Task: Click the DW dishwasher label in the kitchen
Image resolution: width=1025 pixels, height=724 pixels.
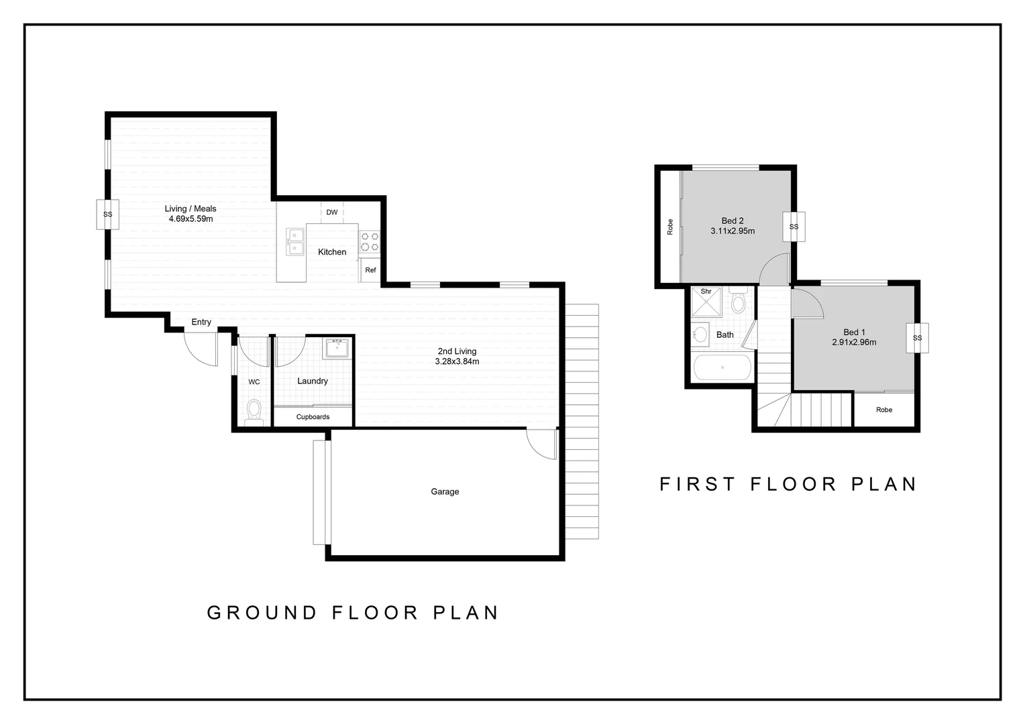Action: point(332,213)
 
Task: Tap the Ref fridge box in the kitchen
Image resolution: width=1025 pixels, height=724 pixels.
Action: point(370,270)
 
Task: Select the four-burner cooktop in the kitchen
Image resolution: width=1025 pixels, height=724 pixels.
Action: point(370,242)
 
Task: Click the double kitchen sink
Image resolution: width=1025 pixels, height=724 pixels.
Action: point(295,242)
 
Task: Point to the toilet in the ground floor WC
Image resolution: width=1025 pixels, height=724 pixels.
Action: point(254,410)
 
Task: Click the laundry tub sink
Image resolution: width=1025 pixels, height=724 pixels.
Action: point(336,349)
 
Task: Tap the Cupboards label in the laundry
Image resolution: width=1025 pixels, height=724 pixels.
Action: point(313,417)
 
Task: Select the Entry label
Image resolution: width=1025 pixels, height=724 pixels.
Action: point(201,322)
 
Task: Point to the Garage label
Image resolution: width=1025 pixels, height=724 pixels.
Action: point(445,492)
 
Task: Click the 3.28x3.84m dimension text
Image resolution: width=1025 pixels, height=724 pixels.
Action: point(457,362)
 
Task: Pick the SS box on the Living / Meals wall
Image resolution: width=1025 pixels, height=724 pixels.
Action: point(107,215)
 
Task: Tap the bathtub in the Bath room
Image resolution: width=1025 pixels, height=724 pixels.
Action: point(722,367)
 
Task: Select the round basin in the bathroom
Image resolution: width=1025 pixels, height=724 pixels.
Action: point(701,333)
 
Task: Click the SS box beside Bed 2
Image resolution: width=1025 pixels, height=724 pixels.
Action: point(794,227)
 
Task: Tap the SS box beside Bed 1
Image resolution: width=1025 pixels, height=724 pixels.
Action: point(917,338)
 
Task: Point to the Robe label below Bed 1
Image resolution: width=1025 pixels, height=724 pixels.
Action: point(884,410)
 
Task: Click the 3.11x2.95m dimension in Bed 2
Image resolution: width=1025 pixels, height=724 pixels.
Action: point(733,231)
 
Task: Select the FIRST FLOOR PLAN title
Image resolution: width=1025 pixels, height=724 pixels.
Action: point(788,484)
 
